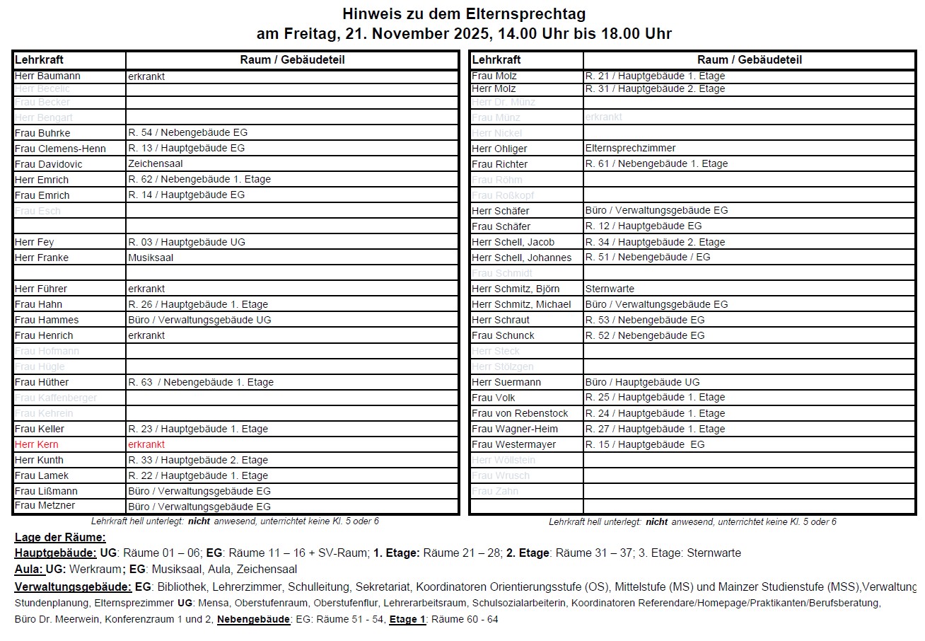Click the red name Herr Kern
click(x=37, y=444)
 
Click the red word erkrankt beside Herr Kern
click(x=146, y=444)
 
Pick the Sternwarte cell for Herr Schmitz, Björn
click(x=610, y=289)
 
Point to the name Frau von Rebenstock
click(x=520, y=413)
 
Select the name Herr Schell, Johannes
click(x=521, y=258)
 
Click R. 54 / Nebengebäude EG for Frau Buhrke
click(x=187, y=132)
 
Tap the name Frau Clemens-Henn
click(x=60, y=149)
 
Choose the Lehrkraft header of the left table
click(x=39, y=60)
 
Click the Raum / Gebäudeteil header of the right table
click(x=750, y=60)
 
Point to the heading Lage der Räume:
click(x=60, y=537)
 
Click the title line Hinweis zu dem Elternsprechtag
click(x=464, y=13)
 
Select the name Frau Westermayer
click(x=513, y=444)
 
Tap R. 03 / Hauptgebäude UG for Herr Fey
click(x=187, y=242)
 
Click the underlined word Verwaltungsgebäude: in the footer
click(x=73, y=587)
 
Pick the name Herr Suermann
click(x=506, y=382)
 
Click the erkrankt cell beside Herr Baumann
click(x=146, y=76)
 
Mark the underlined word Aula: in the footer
click(x=29, y=569)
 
